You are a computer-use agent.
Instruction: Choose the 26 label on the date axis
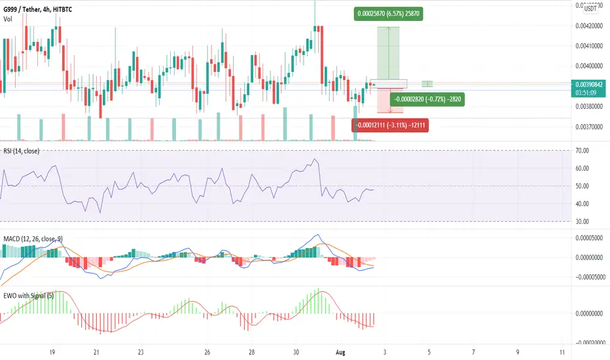(x=206, y=351)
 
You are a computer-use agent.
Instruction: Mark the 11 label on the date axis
(x=564, y=351)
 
